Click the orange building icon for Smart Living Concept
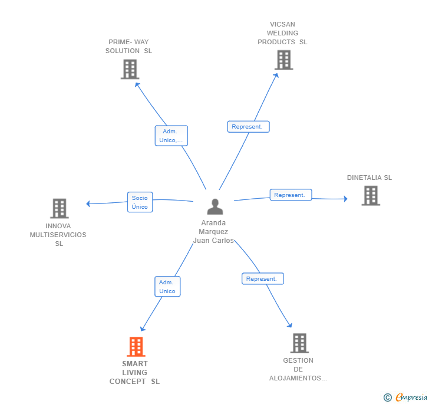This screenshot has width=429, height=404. (136, 346)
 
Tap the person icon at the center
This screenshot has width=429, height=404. (215, 206)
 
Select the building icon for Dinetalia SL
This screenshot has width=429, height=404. (371, 196)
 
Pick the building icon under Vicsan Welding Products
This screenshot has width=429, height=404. (283, 60)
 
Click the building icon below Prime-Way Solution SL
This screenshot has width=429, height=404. (130, 69)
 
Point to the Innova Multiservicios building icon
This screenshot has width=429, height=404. (60, 208)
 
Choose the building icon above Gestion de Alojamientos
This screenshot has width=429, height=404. (299, 343)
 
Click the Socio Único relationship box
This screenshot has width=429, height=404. (140, 202)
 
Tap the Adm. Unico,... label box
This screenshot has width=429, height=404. (171, 136)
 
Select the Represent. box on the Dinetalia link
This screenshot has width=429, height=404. (291, 195)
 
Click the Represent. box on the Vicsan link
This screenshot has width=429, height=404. (249, 127)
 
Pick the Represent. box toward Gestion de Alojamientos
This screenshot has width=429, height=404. (263, 278)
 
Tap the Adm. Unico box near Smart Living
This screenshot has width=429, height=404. (167, 287)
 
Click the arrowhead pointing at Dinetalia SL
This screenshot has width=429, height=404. (346, 199)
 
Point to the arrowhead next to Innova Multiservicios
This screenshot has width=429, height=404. (88, 203)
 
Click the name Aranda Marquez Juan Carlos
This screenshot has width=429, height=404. (213, 232)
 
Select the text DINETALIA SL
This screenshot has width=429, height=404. (369, 178)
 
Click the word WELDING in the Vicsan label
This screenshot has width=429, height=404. (282, 33)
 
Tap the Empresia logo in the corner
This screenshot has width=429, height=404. (405, 397)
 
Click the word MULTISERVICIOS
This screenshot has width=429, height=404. (58, 235)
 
